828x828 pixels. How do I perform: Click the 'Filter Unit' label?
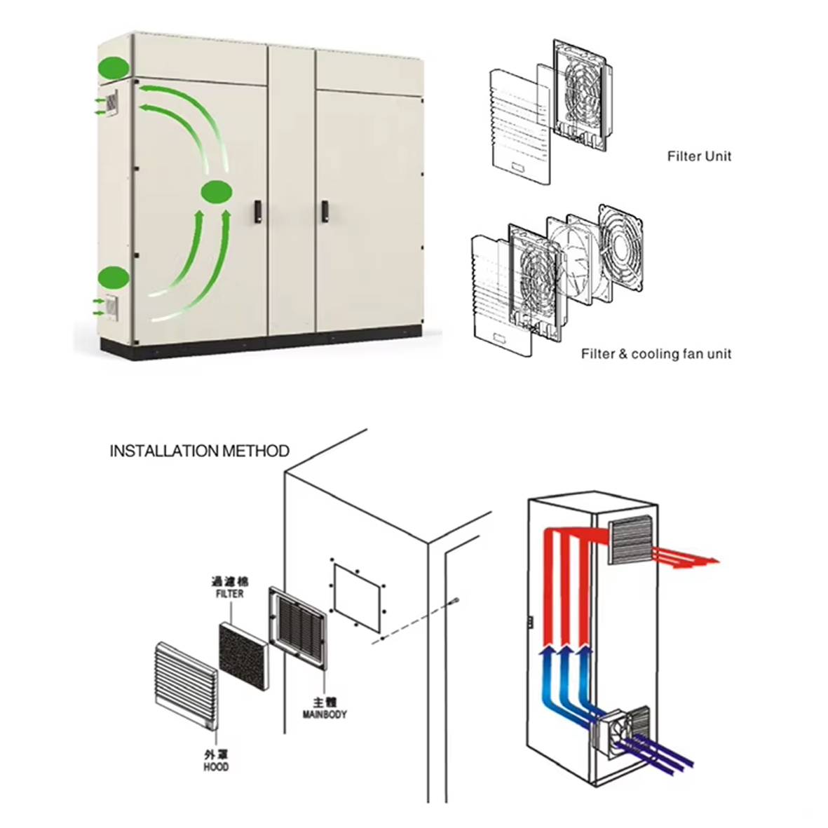point(698,156)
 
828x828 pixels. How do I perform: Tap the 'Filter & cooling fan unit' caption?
point(656,354)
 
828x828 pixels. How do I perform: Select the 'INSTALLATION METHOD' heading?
point(199,451)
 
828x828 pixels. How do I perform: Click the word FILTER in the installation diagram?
point(230,594)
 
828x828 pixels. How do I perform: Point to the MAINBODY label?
point(324,714)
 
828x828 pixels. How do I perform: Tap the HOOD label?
point(216,766)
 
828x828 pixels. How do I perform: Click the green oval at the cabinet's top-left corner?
point(114,68)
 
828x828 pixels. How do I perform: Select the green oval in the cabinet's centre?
point(217,191)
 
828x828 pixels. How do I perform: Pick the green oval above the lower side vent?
point(113,278)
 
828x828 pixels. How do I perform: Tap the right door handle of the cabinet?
point(324,211)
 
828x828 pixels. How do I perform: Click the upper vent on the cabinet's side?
point(113,103)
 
